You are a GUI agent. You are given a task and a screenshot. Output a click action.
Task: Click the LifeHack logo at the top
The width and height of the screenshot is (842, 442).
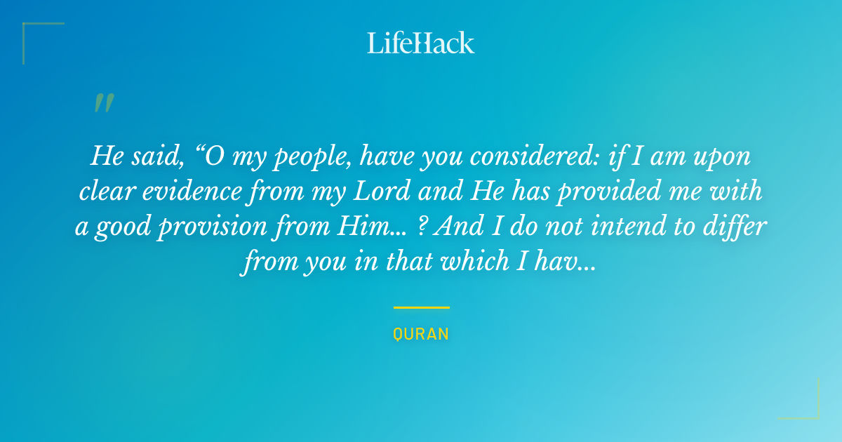click(420, 43)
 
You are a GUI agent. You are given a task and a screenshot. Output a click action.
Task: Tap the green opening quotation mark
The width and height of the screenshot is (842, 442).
click(104, 102)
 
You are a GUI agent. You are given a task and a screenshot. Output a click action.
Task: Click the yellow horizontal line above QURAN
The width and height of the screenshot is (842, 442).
click(422, 307)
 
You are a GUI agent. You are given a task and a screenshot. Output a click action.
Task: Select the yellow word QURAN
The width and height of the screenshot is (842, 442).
click(421, 334)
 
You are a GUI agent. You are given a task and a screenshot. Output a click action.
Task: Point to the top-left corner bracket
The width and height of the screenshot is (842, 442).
click(24, 24)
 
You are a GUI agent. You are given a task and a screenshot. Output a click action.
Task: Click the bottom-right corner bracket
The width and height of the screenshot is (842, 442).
click(818, 417)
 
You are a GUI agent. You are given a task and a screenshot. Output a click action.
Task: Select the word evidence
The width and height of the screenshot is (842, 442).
click(192, 191)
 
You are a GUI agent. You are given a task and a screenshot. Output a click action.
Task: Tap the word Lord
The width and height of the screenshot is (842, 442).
click(382, 191)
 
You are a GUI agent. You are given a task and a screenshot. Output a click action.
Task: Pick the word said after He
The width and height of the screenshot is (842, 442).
click(157, 156)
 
